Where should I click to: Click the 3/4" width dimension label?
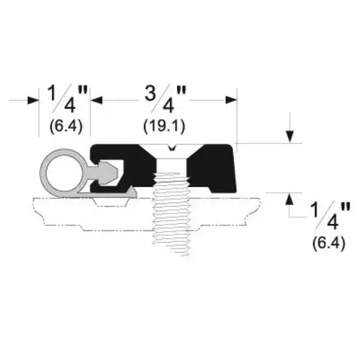point(166,99)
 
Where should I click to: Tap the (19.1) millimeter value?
point(164,126)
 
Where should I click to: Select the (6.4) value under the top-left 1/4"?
point(66,126)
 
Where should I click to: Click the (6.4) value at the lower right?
point(329,243)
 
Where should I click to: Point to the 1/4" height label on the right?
point(330,217)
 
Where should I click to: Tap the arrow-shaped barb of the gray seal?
point(109,173)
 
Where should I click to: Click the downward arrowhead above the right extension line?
point(290,137)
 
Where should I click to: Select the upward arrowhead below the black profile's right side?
point(290,199)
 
